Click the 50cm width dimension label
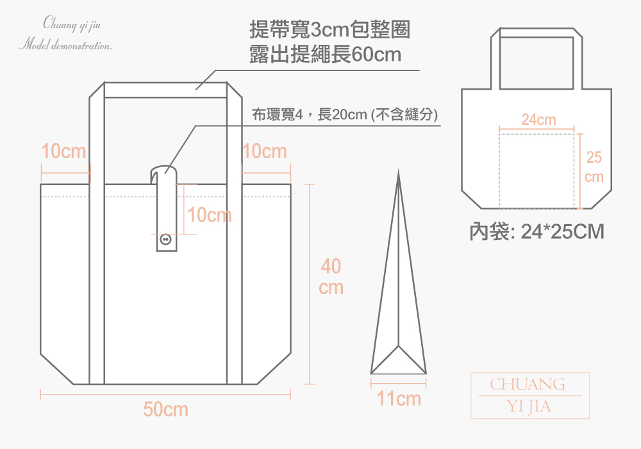(x=165, y=409)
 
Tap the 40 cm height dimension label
(x=331, y=277)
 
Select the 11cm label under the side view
(x=399, y=399)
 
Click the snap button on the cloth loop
(x=165, y=239)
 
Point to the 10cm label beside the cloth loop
(x=210, y=215)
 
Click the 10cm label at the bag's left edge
(x=63, y=151)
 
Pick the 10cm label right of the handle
(x=265, y=151)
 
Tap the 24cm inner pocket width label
(x=538, y=120)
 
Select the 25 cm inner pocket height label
(x=594, y=167)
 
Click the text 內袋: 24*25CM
(x=537, y=232)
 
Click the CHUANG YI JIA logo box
(x=530, y=395)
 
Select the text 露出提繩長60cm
(x=326, y=54)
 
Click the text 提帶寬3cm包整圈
(x=329, y=29)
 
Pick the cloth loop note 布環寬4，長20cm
(x=345, y=115)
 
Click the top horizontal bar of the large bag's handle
(x=165, y=90)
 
